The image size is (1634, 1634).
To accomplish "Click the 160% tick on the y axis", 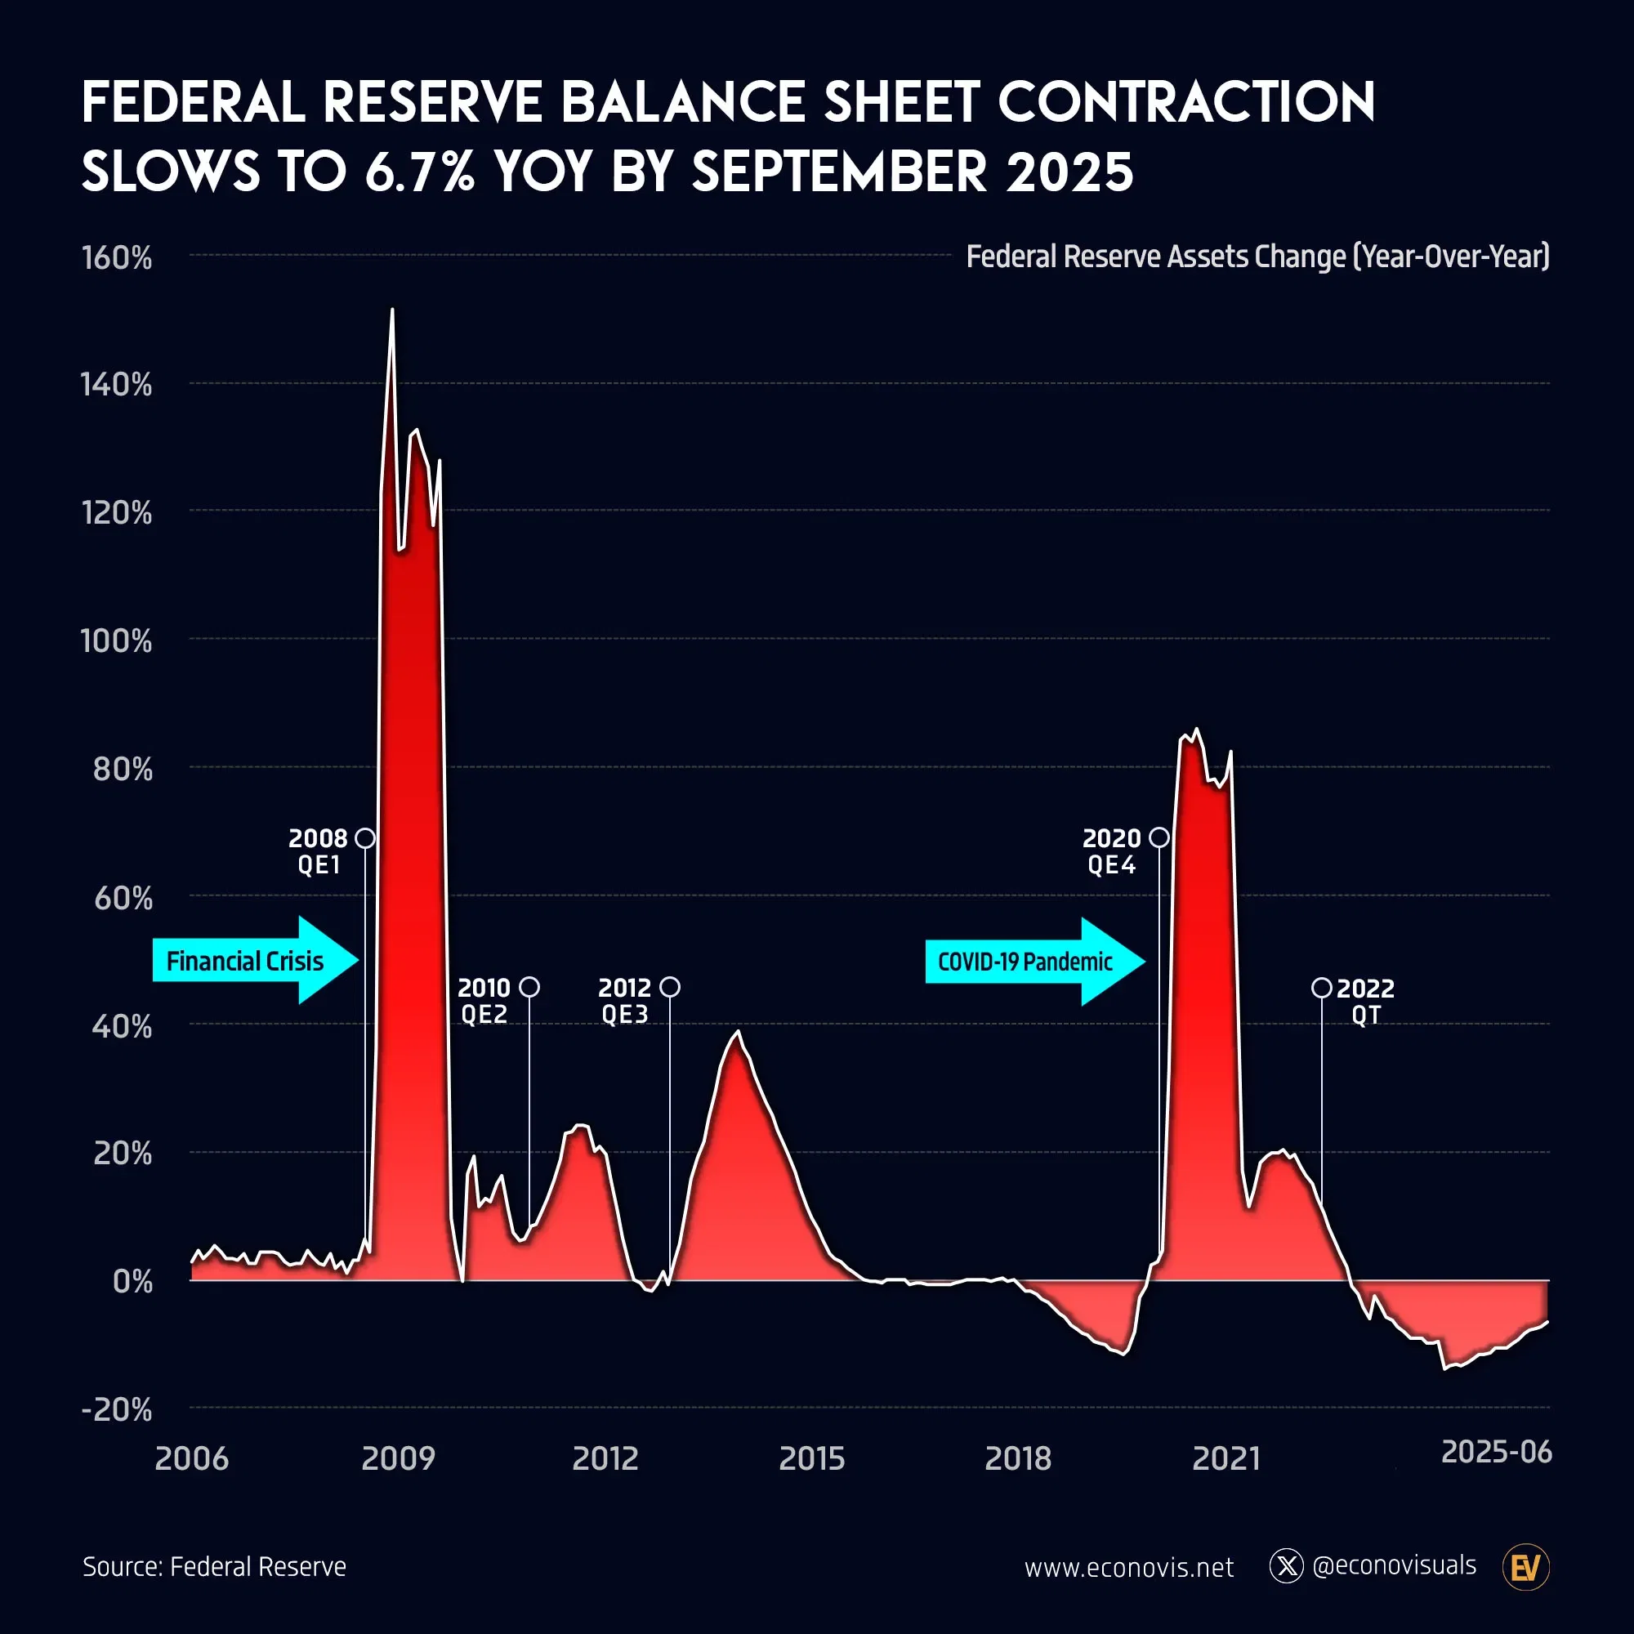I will [x=117, y=257].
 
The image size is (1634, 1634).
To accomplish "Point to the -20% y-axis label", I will [x=117, y=1409].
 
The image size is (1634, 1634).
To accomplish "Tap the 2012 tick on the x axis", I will [x=605, y=1458].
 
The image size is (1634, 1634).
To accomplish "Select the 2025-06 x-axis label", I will [x=1496, y=1451].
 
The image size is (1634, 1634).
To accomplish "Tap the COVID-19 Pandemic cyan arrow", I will [x=1034, y=962].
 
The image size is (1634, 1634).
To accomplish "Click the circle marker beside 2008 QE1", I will [x=364, y=838].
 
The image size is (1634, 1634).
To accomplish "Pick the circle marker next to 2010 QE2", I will [x=529, y=987].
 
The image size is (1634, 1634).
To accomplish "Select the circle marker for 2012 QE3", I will [x=670, y=987].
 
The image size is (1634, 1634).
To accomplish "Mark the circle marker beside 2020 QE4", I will [x=1159, y=837].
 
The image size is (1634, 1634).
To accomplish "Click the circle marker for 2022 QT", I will [x=1321, y=988].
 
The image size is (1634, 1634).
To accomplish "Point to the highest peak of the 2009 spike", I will [x=391, y=310].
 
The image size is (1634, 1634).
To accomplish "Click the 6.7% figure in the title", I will [x=419, y=172].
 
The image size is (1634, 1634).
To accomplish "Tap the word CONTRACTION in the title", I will [x=1185, y=102].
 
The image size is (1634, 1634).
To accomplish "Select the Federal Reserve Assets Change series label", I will [x=1257, y=257].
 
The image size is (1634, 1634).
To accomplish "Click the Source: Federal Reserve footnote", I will [x=215, y=1566].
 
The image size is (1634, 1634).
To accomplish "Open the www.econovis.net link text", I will [x=1129, y=1567].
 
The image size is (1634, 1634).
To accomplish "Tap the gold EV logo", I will [x=1525, y=1567].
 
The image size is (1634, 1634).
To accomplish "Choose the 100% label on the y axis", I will [x=117, y=641].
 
